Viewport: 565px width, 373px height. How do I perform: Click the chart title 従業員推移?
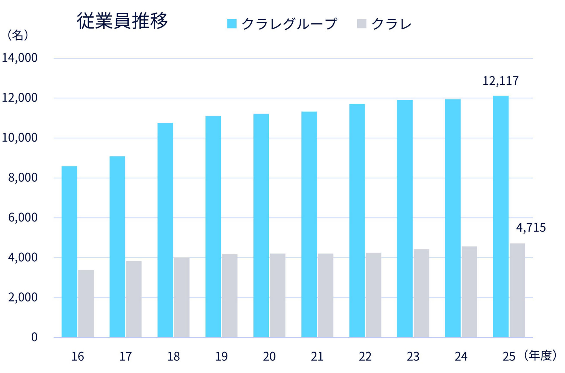point(122,21)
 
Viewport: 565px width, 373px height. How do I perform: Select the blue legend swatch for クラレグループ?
point(232,24)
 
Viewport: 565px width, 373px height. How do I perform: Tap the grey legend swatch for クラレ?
point(362,24)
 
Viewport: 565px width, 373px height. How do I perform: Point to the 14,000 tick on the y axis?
point(20,58)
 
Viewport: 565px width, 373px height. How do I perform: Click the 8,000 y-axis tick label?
point(23,178)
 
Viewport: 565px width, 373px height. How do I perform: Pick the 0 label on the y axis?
point(34,337)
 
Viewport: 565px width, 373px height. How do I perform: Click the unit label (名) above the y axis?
point(18,35)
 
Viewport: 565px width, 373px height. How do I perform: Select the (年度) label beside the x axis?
point(540,355)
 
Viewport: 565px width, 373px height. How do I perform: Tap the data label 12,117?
point(500,81)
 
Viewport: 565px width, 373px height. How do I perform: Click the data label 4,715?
point(531,228)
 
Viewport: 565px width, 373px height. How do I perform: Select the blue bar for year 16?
point(69,251)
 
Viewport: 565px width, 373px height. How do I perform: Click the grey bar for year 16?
point(86,303)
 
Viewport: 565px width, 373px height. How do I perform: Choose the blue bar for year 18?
point(165,230)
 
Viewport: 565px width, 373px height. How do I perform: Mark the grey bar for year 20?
point(277,295)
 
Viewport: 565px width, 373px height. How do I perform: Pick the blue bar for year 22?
point(357,220)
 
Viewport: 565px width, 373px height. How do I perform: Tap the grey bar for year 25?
point(517,290)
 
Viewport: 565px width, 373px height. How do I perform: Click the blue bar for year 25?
point(501,216)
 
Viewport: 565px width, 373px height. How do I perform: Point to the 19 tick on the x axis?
point(221,357)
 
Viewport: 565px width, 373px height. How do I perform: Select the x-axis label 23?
point(413,357)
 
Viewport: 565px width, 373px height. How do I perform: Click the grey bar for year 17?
point(134,299)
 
